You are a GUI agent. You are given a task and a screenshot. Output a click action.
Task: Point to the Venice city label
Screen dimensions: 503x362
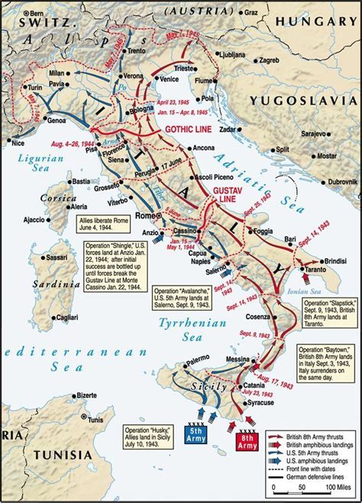[x=171, y=78]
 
